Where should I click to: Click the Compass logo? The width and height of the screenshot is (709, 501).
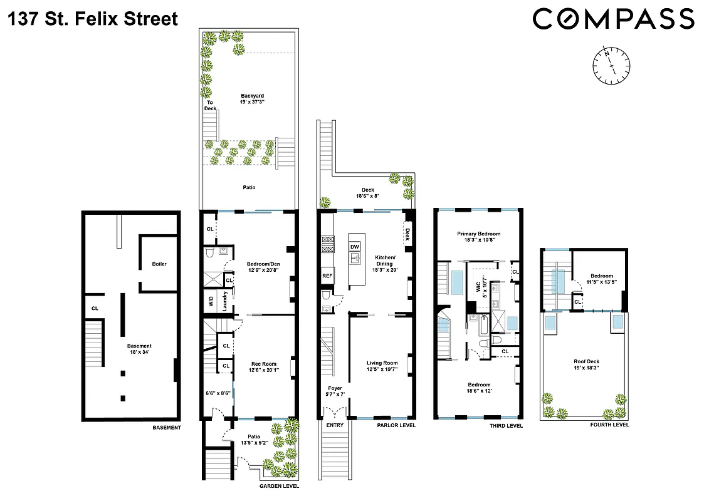coord(613,19)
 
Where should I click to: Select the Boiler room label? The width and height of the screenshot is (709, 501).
coord(159,264)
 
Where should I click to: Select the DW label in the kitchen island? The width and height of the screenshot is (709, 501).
coord(355,247)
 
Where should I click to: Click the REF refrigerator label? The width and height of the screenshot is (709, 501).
coord(327,276)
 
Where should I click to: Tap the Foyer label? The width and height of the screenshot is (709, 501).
coord(334,391)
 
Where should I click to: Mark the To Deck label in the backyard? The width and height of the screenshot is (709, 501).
coord(210,105)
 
